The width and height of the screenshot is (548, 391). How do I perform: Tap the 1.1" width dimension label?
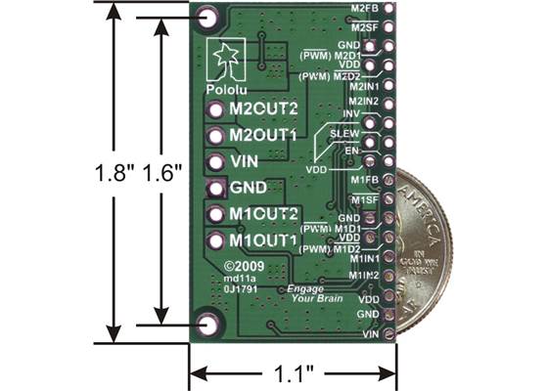pos(294,372)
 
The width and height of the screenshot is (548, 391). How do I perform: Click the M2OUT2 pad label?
pos(263,109)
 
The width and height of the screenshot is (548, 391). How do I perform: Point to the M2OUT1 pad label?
pos(263,136)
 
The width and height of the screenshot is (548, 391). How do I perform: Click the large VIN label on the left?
pos(244,161)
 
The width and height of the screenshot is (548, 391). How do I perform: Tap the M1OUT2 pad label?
pos(263,214)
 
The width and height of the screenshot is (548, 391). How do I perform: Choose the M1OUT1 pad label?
pos(263,240)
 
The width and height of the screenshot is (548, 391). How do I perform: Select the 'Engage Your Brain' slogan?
pos(312,293)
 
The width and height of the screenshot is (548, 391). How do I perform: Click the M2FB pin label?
pos(364,8)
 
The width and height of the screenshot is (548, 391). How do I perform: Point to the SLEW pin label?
pos(344,131)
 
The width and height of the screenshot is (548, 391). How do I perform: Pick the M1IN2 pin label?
pos(364,277)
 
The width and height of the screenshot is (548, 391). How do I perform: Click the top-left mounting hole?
pos(207,18)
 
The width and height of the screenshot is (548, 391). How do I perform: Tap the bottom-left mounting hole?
pos(207,326)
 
